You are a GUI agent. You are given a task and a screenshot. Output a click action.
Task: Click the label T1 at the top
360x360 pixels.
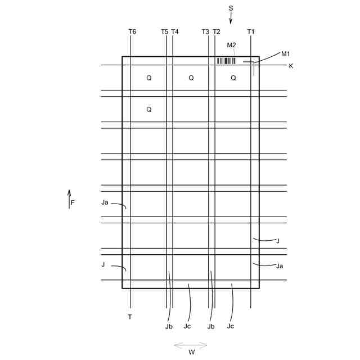(x=251, y=32)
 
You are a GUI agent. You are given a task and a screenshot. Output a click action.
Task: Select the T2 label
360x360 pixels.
(x=217, y=32)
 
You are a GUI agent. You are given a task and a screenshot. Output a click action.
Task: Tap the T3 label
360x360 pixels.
(x=205, y=32)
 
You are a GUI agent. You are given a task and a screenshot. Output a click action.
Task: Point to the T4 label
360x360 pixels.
(x=175, y=32)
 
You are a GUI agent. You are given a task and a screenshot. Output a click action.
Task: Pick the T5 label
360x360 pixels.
(x=164, y=32)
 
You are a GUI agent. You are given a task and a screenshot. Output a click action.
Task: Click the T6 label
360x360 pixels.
(x=132, y=32)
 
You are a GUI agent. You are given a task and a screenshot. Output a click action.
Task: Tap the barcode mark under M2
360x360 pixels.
(x=226, y=61)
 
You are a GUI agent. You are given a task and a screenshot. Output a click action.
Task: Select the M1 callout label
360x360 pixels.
(x=285, y=54)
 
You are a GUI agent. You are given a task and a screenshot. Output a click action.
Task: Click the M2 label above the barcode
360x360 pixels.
(x=231, y=45)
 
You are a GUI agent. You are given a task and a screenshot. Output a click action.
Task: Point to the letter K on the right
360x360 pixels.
(x=291, y=66)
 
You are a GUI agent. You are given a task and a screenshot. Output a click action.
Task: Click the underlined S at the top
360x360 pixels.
(x=231, y=8)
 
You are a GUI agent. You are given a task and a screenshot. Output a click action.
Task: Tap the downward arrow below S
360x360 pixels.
(x=231, y=19)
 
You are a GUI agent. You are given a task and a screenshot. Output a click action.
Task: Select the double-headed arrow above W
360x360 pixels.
(x=191, y=344)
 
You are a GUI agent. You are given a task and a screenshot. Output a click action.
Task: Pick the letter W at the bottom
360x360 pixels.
(x=191, y=353)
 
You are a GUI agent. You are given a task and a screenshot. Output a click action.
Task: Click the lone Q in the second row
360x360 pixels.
(x=148, y=110)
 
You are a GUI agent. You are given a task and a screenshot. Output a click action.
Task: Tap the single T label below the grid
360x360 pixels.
(x=130, y=317)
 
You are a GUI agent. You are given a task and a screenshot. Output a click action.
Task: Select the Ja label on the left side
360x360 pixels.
(x=105, y=202)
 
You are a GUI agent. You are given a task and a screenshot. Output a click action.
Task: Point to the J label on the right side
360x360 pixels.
(x=277, y=241)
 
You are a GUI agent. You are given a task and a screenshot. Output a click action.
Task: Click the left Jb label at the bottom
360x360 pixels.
(x=169, y=326)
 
